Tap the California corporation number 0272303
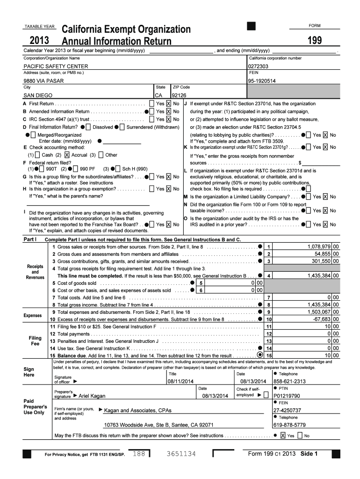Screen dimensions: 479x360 [x=258, y=67]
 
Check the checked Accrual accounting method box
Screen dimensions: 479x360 [x=67, y=155]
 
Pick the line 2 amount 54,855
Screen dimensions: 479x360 [x=323, y=254]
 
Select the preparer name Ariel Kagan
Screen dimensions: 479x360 [x=92, y=396]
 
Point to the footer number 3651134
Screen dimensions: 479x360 [x=180, y=454]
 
